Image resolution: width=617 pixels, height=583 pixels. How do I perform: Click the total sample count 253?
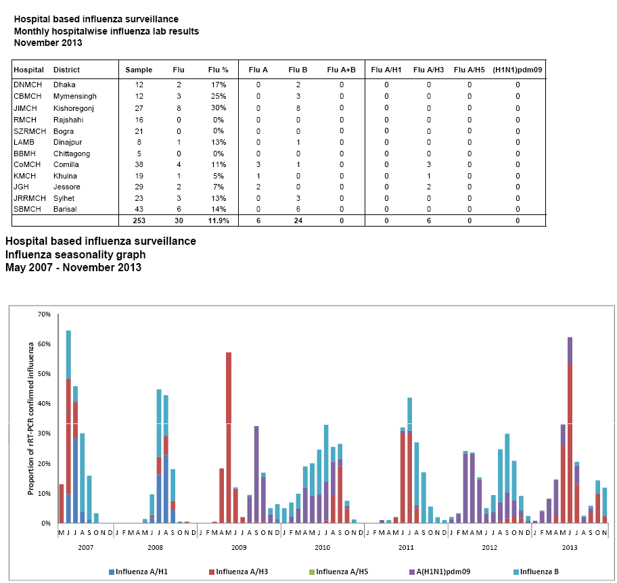(138, 221)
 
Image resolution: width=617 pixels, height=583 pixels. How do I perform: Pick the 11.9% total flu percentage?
(218, 221)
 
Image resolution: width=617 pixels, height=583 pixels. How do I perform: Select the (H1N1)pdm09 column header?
(517, 70)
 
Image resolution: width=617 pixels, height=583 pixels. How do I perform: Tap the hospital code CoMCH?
(27, 164)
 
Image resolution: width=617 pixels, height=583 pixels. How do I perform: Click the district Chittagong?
(73, 154)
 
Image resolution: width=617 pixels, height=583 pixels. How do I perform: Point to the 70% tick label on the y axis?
(44, 314)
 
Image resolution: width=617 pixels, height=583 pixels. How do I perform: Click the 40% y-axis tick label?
(44, 404)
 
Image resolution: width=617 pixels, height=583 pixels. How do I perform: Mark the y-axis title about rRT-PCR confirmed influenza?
(30, 419)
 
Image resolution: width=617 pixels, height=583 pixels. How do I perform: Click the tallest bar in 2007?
(68, 426)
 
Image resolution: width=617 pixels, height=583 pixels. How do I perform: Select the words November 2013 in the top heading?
(48, 43)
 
